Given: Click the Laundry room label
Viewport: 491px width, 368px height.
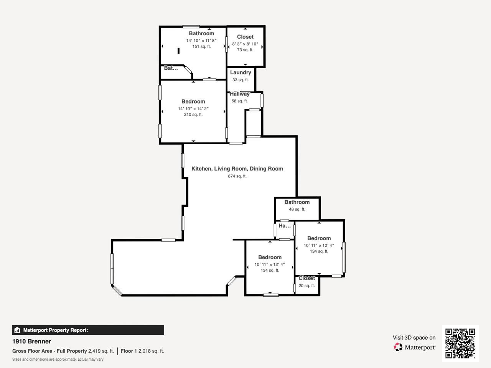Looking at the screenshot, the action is pos(241,72).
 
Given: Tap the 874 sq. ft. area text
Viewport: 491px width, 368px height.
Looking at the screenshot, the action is pos(237,176).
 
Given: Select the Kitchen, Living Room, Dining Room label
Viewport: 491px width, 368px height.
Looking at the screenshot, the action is pos(237,169).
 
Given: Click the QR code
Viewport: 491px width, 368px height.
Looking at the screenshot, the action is pos(460,343).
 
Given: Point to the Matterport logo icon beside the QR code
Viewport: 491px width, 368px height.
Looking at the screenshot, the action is pos(398,347).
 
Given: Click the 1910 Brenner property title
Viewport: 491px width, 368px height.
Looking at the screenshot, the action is pos(31,342).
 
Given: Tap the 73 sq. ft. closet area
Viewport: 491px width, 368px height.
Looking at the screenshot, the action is pos(245,50).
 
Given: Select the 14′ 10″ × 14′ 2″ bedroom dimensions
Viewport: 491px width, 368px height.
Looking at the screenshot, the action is pos(193,108).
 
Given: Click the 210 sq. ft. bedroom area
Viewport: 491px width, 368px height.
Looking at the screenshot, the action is pos(193,115).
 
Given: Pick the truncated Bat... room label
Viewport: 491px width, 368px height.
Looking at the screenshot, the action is pos(171,68).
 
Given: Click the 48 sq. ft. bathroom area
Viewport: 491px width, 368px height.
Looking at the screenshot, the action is pos(297,209).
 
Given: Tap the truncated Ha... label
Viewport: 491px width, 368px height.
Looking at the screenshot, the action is pos(285,226).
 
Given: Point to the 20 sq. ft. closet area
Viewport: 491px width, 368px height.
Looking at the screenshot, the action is pos(306,286).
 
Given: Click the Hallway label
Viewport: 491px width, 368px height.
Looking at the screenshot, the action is pos(240,94).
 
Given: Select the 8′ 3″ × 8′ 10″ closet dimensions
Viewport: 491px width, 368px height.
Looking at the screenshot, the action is pos(245,44).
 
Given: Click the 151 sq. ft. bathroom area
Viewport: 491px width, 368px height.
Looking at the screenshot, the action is pos(201,46).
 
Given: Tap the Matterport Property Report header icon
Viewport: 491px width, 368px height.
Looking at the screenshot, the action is pos(17,330).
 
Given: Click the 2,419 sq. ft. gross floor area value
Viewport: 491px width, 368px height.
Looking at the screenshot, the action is pos(101,351).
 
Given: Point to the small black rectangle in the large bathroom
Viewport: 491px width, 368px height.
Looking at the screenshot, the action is pos(178,51).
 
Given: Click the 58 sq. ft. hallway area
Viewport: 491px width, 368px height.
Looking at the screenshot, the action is pos(240,101).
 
